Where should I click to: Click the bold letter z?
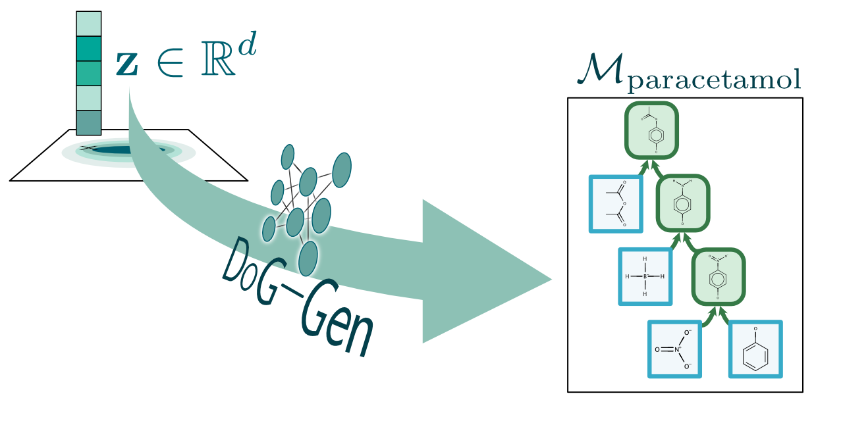[128, 64]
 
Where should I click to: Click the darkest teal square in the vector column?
[89, 48]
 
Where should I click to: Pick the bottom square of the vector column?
[89, 122]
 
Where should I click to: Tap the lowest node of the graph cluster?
[308, 258]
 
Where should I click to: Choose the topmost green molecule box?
[651, 130]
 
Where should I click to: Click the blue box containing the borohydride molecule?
[645, 276]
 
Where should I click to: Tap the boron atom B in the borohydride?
[645, 276]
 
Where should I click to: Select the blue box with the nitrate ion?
[674, 349]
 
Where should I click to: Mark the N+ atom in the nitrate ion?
[678, 349]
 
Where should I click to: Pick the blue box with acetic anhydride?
[616, 204]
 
